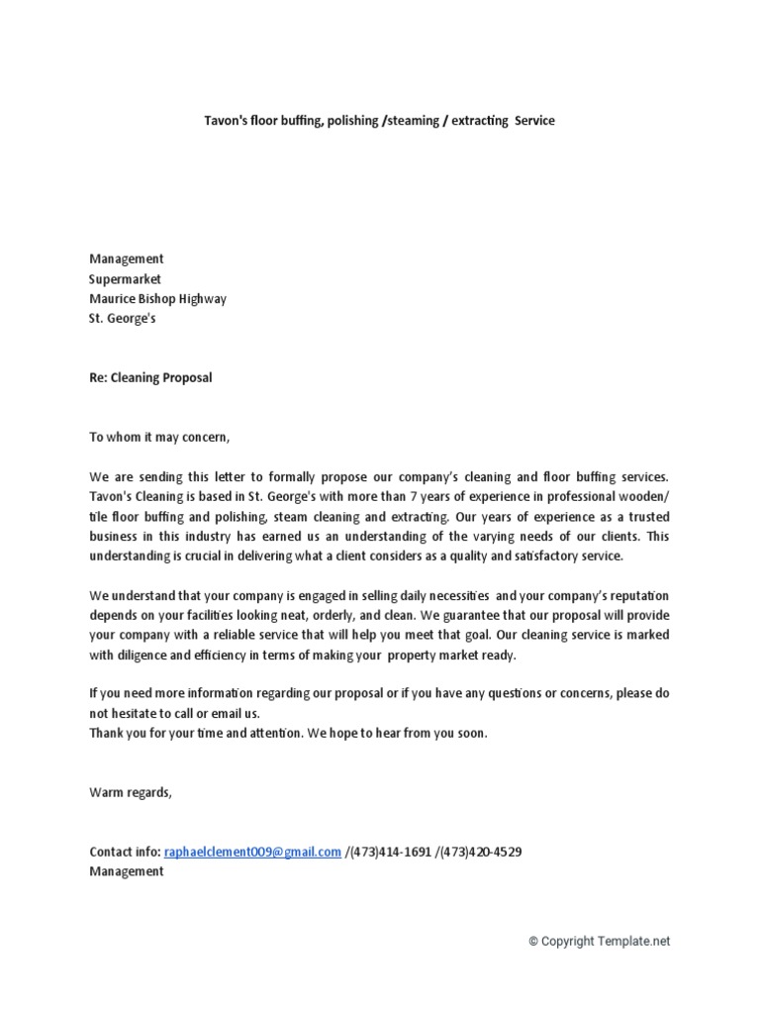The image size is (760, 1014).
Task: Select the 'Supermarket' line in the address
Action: pos(125,280)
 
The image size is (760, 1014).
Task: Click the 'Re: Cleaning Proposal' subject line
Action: pos(150,378)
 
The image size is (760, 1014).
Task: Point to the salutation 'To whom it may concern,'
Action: pos(159,438)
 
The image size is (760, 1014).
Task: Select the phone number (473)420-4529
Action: pos(481,852)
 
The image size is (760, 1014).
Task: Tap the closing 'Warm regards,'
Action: pos(131,792)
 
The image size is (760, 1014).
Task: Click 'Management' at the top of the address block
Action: pos(127,259)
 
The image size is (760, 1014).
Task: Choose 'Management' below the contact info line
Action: pos(127,871)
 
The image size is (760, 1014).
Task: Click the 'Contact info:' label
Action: pos(125,852)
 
